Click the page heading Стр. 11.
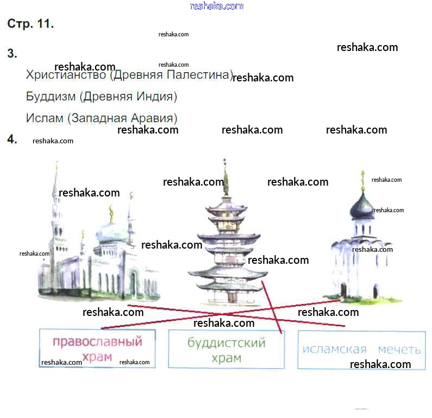[x=30, y=24]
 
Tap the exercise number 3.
[x=12, y=54]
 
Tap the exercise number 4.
[x=12, y=140]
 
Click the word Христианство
[x=66, y=75]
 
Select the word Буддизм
[x=50, y=97]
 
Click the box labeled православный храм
[x=97, y=348]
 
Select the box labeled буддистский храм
[x=226, y=349]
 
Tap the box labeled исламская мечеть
[x=361, y=349]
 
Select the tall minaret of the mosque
[x=55, y=217]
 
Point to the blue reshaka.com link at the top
[x=216, y=6]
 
